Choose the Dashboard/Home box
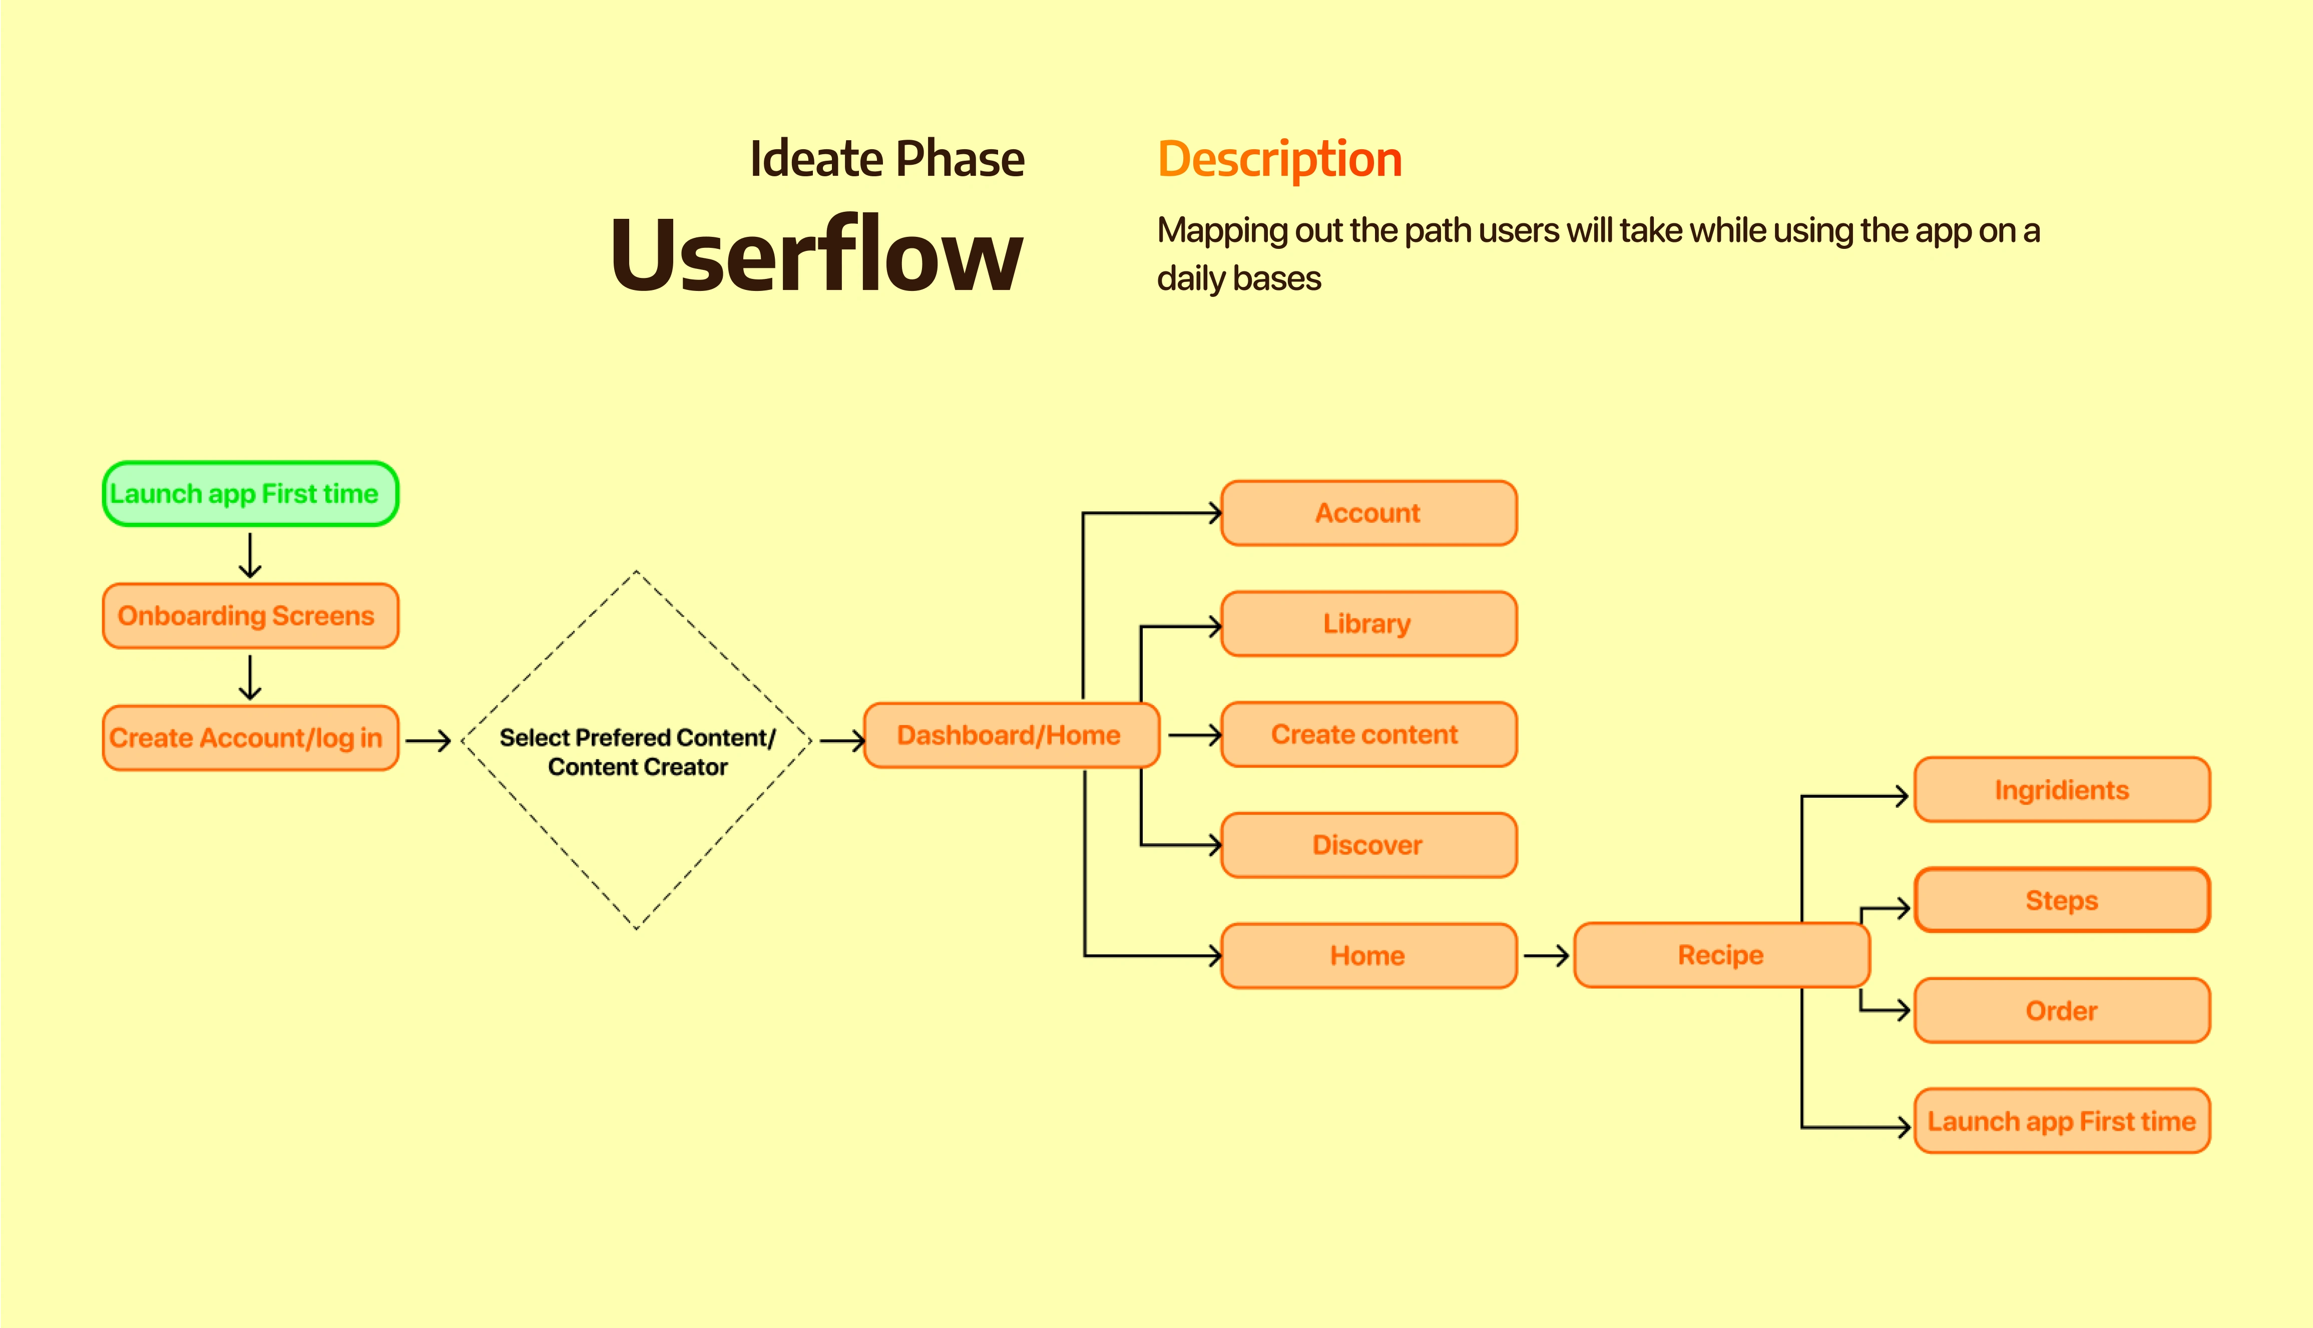1011,735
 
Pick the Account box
1368,513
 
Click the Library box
1368,624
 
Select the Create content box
1368,734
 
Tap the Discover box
1368,845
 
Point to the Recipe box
1721,955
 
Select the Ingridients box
2062,790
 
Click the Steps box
2062,900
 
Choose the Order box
2062,1011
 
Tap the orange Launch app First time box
2062,1121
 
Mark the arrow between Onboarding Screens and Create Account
250,678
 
